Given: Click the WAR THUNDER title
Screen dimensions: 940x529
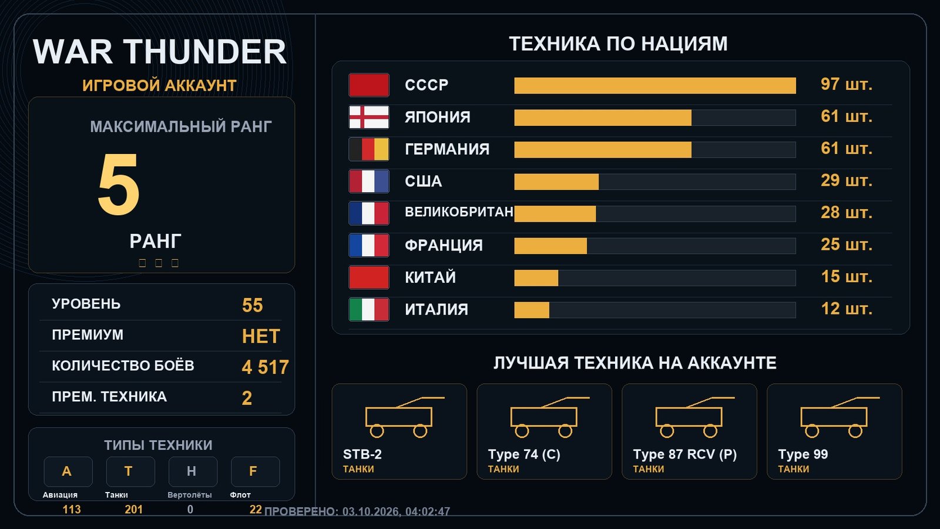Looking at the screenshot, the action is click(x=159, y=52).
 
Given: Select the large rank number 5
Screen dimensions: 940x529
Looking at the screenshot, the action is click(x=118, y=184).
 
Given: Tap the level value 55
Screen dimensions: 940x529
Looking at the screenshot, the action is click(x=252, y=305).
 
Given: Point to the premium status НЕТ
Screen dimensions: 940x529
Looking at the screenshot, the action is click(x=261, y=336).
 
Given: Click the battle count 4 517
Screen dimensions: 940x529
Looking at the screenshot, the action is click(x=265, y=367).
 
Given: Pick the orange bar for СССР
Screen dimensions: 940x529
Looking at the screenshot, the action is click(x=655, y=86).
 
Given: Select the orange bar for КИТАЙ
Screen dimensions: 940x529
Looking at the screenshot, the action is click(x=536, y=278).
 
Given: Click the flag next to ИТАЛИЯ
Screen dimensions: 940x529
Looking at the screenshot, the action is click(x=369, y=309).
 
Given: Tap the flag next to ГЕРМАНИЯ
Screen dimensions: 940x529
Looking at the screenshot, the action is click(x=369, y=149).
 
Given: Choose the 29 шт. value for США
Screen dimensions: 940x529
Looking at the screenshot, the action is click(x=847, y=180).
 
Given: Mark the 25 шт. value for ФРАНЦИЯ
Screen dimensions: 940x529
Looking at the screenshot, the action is click(x=847, y=245).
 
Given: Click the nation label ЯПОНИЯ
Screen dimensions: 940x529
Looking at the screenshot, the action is click(x=437, y=117).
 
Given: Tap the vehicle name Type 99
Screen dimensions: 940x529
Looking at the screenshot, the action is click(x=803, y=454).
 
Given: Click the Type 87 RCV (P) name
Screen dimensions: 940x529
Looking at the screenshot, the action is click(x=685, y=454).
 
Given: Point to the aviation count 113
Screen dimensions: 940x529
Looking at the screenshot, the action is click(x=71, y=509).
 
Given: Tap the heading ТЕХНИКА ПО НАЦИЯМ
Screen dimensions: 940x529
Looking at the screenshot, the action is click(x=618, y=43).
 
